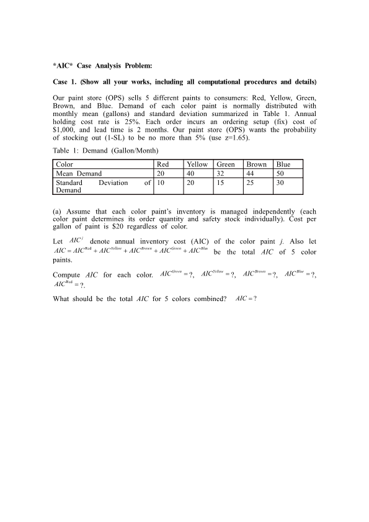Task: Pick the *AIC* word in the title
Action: pyautogui.click(x=63, y=65)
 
